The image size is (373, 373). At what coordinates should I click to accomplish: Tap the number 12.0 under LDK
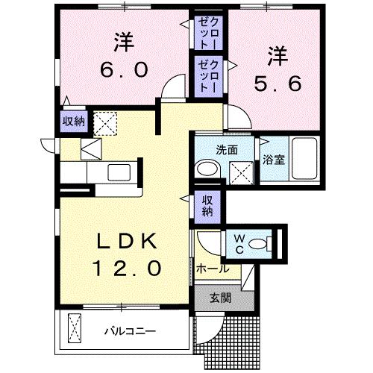pyautogui.click(x=125, y=267)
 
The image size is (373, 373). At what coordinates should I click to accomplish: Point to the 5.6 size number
pyautogui.click(x=277, y=84)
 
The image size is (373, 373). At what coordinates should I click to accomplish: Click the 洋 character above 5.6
pyautogui.click(x=278, y=54)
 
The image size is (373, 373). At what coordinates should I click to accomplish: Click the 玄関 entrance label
pyautogui.click(x=219, y=298)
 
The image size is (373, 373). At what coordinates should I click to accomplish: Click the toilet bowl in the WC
pyautogui.click(x=260, y=242)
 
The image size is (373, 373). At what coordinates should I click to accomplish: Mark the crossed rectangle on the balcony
pyautogui.click(x=75, y=327)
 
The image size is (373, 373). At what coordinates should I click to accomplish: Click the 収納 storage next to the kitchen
pyautogui.click(x=72, y=121)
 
